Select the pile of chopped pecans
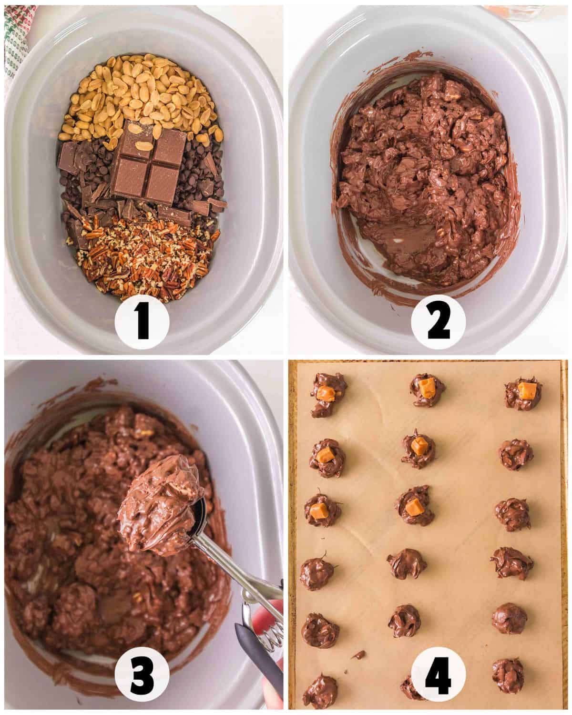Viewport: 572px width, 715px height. (x=143, y=257)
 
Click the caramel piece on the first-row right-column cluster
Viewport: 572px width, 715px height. (x=526, y=388)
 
